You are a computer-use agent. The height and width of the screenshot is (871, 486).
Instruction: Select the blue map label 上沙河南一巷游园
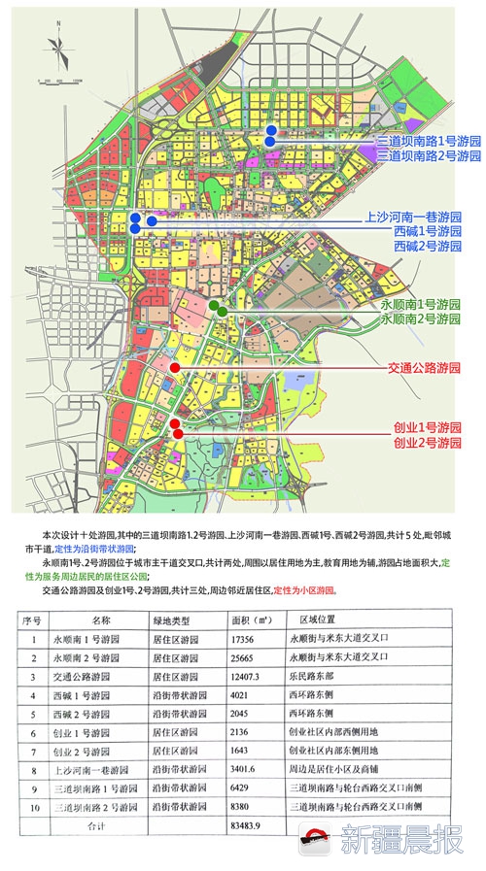[413, 217]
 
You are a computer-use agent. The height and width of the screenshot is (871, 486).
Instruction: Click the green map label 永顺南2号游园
[420, 318]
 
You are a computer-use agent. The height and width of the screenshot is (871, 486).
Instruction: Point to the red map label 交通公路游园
[423, 368]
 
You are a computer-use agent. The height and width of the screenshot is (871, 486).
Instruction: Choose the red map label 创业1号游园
[427, 427]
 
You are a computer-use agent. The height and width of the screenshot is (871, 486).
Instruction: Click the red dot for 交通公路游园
[174, 368]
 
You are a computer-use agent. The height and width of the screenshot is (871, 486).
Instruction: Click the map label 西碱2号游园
[427, 248]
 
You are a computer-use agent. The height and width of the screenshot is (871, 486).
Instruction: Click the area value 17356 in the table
[249, 641]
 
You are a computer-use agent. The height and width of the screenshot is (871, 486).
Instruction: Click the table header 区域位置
[317, 618]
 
